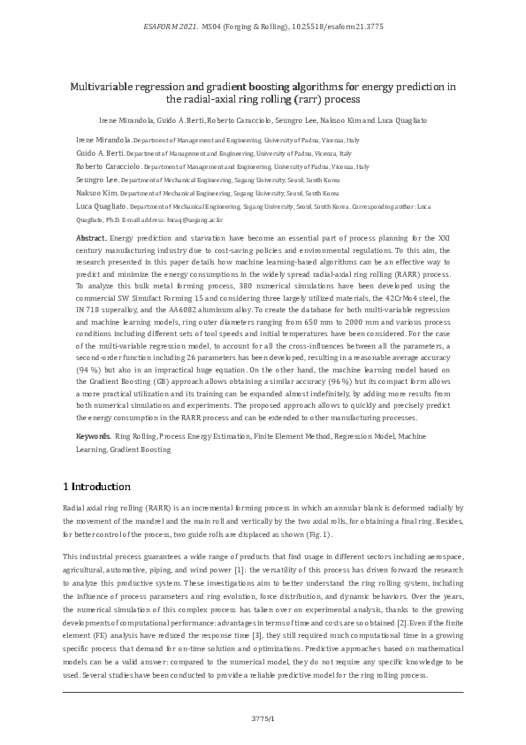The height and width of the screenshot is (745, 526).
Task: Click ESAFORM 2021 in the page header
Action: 169,28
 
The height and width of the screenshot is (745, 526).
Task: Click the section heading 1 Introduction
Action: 97,487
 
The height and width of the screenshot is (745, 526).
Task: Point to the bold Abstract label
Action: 91,239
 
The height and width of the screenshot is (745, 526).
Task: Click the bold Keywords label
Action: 93,437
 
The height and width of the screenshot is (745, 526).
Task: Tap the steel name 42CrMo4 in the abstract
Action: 410,301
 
